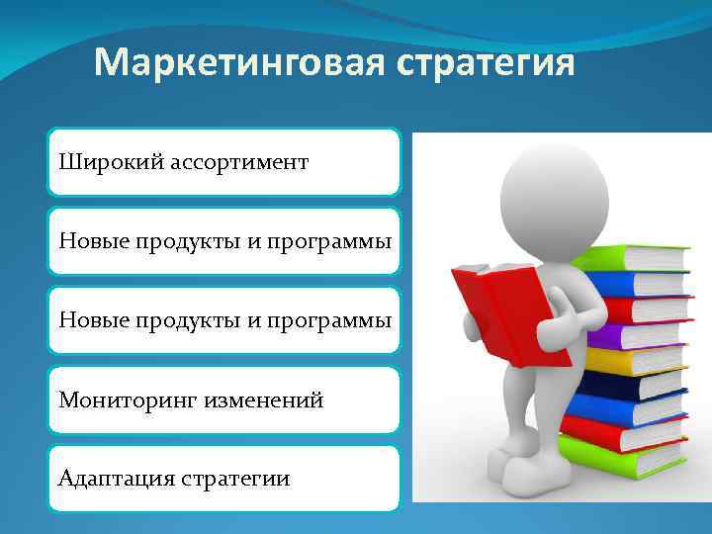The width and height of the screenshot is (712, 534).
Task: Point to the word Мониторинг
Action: pos(128,400)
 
